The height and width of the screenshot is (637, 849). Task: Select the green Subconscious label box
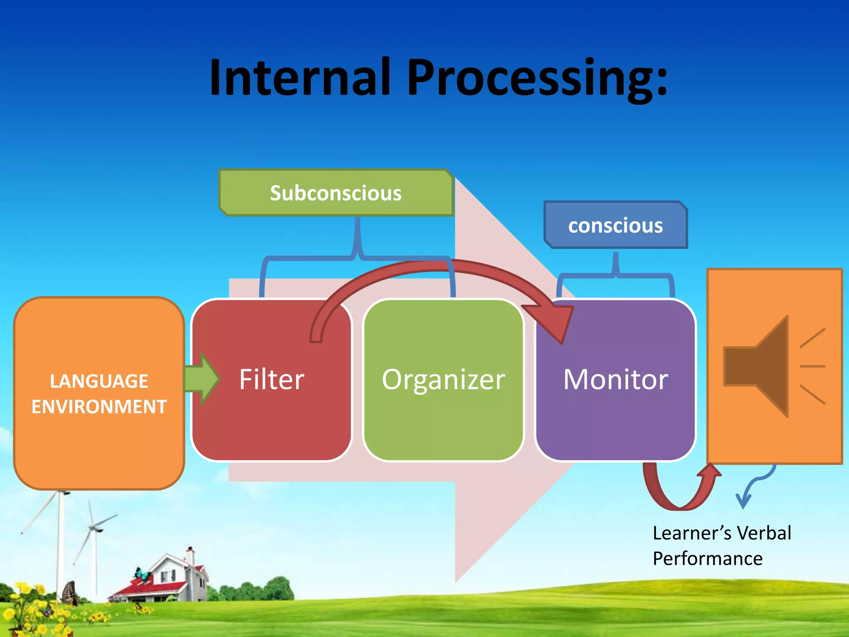336,193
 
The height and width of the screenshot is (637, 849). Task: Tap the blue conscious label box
616,225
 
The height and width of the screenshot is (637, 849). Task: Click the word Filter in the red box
272,379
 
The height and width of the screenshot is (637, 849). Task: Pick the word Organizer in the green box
444,379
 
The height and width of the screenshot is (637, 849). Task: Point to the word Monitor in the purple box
616,379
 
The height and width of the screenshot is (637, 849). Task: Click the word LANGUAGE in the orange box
99,381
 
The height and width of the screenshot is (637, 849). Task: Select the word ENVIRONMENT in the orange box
99,406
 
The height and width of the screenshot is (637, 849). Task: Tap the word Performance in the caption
708,559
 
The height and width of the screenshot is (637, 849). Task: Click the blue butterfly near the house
142,574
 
